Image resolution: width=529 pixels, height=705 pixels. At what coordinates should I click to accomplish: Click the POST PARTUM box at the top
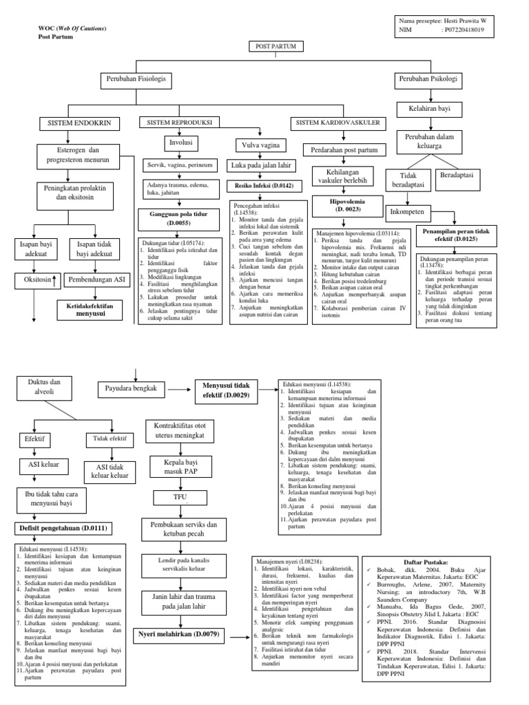click(271, 46)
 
